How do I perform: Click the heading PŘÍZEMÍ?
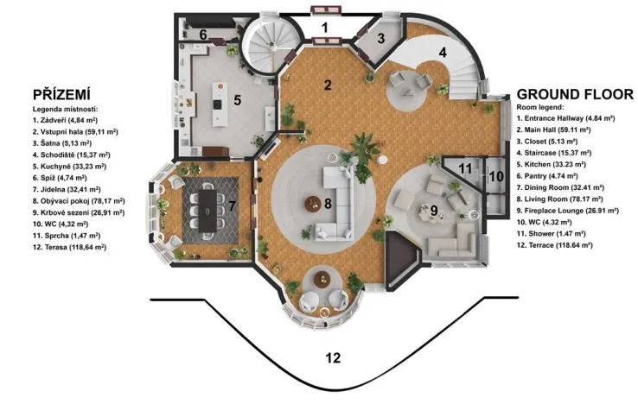(62, 93)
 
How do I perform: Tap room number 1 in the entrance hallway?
(325, 28)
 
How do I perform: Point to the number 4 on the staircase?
(443, 51)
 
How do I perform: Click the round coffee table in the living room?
(310, 205)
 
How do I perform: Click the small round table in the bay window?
(323, 279)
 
